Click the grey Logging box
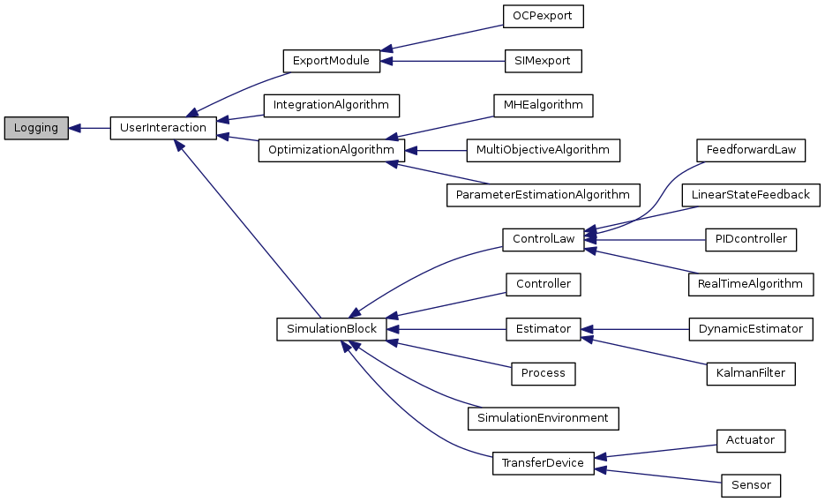pyautogui.click(x=36, y=128)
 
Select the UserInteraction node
pyautogui.click(x=162, y=128)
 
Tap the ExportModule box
pyautogui.click(x=331, y=62)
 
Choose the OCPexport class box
pyautogui.click(x=543, y=17)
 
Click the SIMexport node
pyautogui.click(x=542, y=62)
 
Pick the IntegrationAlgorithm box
pyautogui.click(x=331, y=105)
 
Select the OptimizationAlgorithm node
pyautogui.click(x=331, y=150)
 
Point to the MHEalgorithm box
pyautogui.click(x=543, y=105)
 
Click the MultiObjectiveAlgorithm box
pyautogui.click(x=543, y=150)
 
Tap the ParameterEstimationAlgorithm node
pyautogui.click(x=543, y=194)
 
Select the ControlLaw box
pyautogui.click(x=543, y=239)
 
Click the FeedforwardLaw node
pyautogui.click(x=750, y=150)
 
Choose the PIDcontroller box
pyautogui.click(x=751, y=239)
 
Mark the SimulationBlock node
pyautogui.click(x=331, y=329)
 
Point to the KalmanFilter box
pyautogui.click(x=751, y=373)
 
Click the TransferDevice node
pyautogui.click(x=543, y=463)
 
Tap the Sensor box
pyautogui.click(x=751, y=485)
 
